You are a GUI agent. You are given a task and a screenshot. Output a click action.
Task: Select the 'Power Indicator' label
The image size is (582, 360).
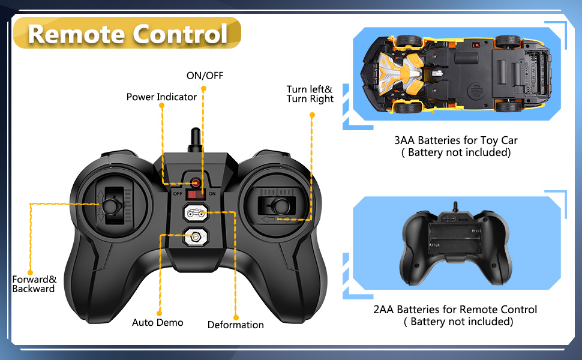click(161, 97)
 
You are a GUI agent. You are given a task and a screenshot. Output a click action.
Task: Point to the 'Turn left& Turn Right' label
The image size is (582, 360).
click(310, 94)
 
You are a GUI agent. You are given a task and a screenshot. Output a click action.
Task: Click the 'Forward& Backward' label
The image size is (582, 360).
click(34, 284)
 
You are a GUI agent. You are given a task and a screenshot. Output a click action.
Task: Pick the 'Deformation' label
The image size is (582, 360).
click(235, 325)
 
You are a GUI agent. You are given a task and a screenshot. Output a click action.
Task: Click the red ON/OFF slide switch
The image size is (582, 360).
click(196, 194)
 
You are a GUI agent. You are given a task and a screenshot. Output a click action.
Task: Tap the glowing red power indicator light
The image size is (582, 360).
click(196, 182)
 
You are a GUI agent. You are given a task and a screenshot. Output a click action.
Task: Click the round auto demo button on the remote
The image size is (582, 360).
click(196, 236)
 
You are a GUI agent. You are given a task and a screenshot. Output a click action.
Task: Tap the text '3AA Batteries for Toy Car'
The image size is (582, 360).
click(455, 140)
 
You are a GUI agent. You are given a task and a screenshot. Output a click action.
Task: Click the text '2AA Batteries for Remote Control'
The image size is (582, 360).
click(455, 310)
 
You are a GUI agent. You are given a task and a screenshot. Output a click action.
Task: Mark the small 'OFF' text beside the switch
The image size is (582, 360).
click(177, 194)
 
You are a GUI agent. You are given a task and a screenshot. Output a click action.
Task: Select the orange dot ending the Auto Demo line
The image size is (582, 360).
click(160, 313)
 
